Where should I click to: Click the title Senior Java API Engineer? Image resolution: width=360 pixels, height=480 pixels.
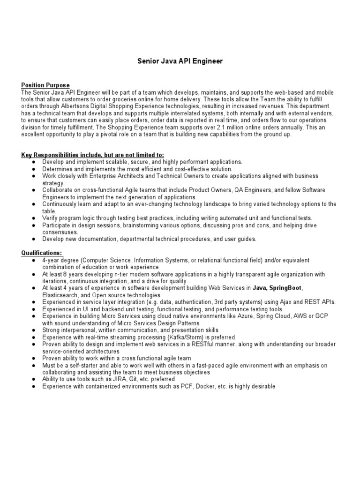point(180,61)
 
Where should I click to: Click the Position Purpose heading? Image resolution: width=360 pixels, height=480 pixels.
point(45,85)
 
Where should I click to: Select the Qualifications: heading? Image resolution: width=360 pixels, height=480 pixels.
point(42,253)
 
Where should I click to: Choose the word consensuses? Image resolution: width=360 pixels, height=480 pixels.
point(60,232)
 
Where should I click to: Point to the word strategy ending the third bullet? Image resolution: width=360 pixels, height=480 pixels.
point(53,183)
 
